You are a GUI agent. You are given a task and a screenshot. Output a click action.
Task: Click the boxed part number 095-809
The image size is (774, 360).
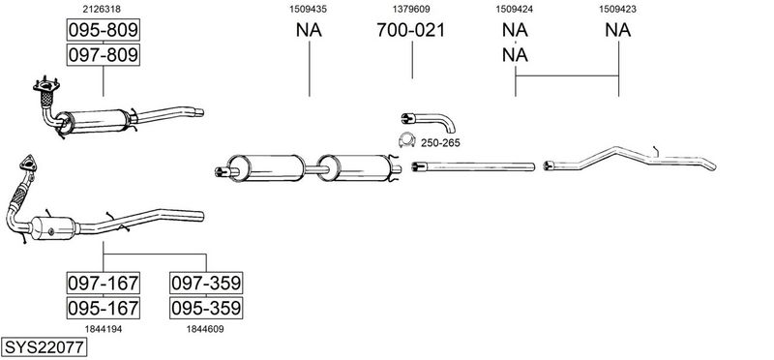point(104,30)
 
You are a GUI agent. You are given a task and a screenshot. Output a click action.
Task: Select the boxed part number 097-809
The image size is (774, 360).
point(104,55)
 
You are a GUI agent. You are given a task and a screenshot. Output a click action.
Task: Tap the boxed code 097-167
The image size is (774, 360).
point(104,283)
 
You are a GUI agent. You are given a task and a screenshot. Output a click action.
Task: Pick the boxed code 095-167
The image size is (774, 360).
point(104,308)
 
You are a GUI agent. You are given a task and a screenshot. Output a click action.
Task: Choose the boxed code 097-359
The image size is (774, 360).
point(206,283)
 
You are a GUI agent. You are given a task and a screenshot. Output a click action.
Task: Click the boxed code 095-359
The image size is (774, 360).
point(206,308)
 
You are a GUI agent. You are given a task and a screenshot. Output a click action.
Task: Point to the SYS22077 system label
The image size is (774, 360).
point(44,347)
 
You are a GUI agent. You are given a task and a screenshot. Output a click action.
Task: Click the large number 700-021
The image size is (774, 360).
point(410,30)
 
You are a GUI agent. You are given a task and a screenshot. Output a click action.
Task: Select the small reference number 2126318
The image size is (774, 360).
point(102,9)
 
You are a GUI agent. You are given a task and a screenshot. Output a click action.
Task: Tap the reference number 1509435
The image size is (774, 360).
point(308,9)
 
